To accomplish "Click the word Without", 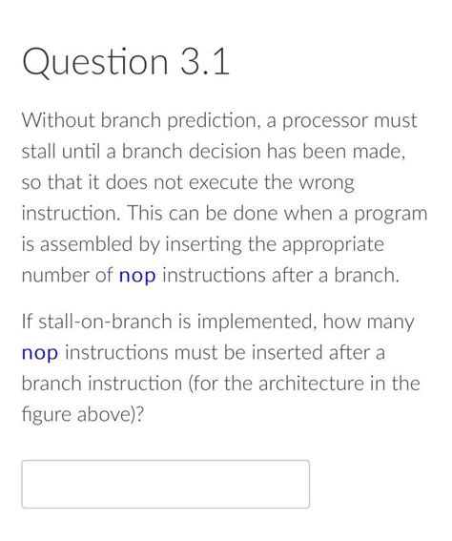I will pyautogui.click(x=59, y=121).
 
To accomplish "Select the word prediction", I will pyautogui.click(x=208, y=121).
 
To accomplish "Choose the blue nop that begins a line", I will pyautogui.click(x=40, y=353).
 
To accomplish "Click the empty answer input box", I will pyautogui.click(x=165, y=484).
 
